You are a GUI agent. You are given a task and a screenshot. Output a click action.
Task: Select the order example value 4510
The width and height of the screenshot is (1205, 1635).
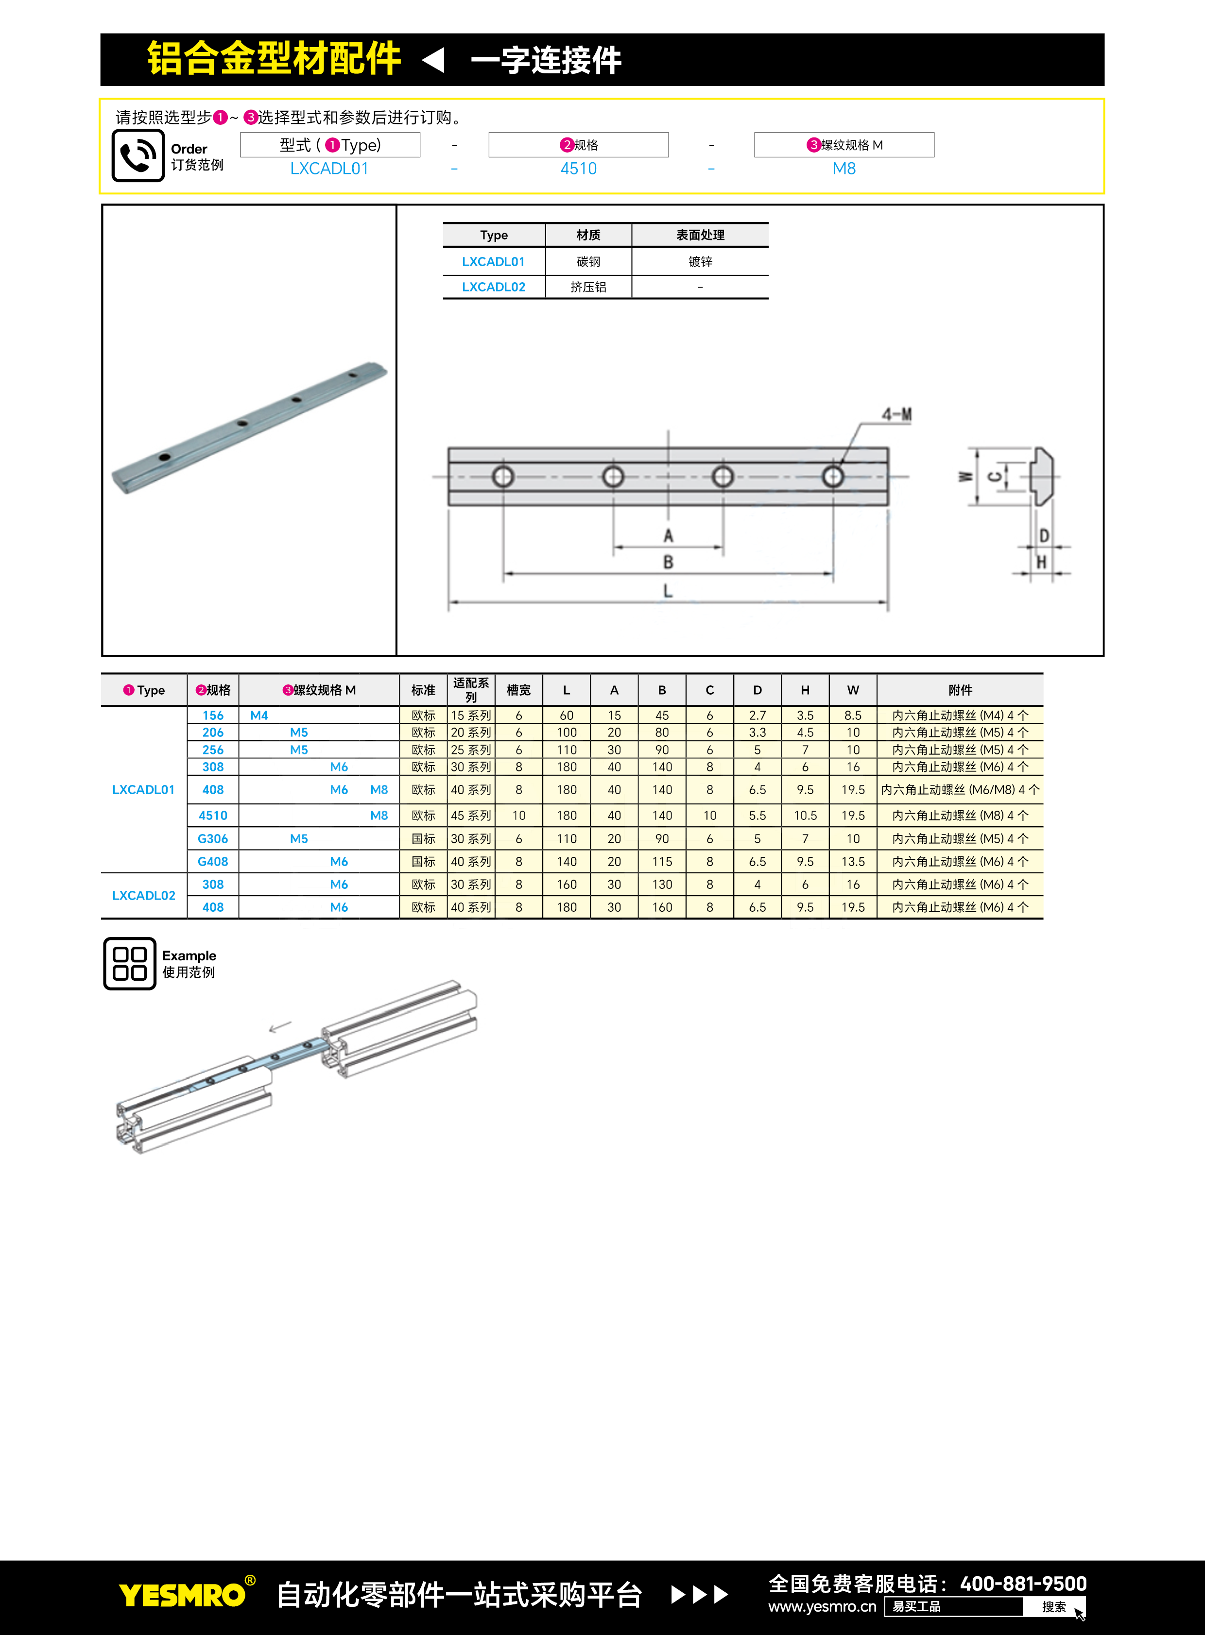(x=578, y=169)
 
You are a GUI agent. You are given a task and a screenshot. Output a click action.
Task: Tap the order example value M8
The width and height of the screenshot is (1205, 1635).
(x=844, y=169)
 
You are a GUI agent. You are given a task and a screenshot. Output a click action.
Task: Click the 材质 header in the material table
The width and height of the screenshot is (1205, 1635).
(x=588, y=235)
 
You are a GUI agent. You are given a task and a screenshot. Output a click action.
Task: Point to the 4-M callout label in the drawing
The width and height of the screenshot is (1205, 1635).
(x=896, y=415)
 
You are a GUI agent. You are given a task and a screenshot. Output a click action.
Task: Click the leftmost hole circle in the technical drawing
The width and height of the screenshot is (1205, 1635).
(x=502, y=477)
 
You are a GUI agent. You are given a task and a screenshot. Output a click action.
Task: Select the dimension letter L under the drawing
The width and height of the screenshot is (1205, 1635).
(x=668, y=591)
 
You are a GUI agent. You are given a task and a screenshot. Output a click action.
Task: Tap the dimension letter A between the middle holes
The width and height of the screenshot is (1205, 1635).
(x=668, y=536)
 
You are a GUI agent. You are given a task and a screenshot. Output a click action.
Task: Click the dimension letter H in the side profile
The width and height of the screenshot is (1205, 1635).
(x=1042, y=562)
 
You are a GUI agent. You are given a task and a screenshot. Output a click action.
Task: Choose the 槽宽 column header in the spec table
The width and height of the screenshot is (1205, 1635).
(x=518, y=690)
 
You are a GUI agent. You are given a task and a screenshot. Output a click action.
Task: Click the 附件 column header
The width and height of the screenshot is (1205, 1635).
(x=960, y=690)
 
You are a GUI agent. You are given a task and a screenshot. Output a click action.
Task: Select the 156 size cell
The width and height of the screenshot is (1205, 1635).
(x=213, y=715)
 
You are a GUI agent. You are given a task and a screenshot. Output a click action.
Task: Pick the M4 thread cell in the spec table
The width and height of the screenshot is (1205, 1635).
(x=259, y=715)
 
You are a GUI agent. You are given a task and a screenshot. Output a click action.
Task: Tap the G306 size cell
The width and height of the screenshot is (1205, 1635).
(x=213, y=839)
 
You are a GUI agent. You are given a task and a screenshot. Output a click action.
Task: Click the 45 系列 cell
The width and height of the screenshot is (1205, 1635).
(x=470, y=815)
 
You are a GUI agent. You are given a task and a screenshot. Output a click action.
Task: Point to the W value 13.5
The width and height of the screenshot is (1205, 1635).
(x=853, y=861)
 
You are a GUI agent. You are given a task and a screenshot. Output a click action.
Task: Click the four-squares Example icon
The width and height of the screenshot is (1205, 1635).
(x=130, y=963)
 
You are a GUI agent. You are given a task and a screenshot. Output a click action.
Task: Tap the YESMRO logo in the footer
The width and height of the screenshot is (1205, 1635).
(x=182, y=1595)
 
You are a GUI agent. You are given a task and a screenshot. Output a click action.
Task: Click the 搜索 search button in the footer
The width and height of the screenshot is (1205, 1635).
(x=1053, y=1606)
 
